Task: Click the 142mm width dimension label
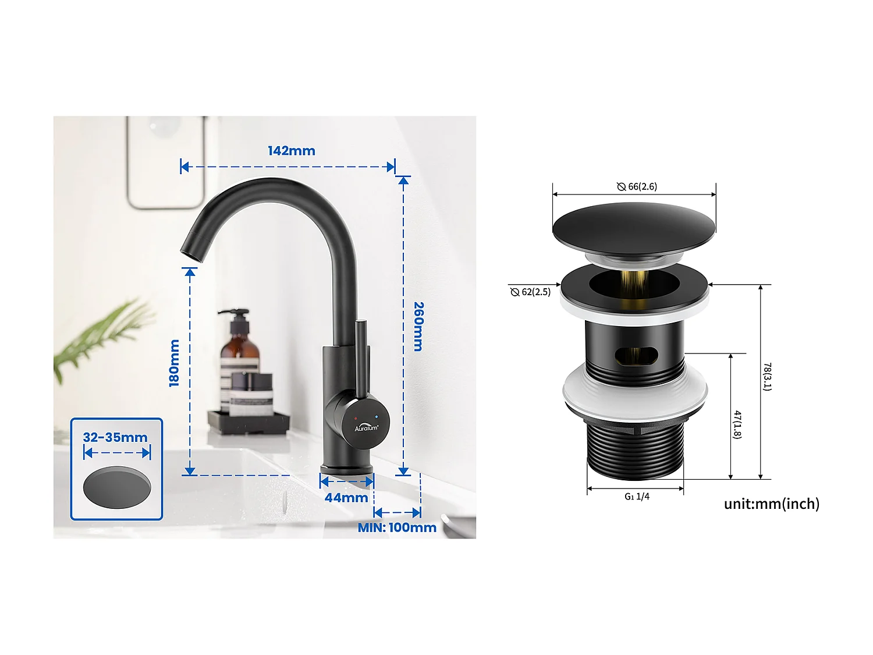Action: point(291,151)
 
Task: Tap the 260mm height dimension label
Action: point(418,326)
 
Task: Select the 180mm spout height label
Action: point(174,363)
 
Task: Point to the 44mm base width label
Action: point(346,498)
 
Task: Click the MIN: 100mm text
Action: point(397,527)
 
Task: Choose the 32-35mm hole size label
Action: point(115,437)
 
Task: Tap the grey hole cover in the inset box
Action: point(117,487)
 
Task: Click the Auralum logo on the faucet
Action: point(366,427)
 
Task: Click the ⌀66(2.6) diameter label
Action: point(637,186)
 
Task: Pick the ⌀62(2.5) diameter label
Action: point(530,292)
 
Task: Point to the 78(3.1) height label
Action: point(767,377)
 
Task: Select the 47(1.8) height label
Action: point(737,424)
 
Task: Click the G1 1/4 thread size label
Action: point(637,497)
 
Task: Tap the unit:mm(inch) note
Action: point(771,504)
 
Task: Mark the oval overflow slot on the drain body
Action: point(636,355)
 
